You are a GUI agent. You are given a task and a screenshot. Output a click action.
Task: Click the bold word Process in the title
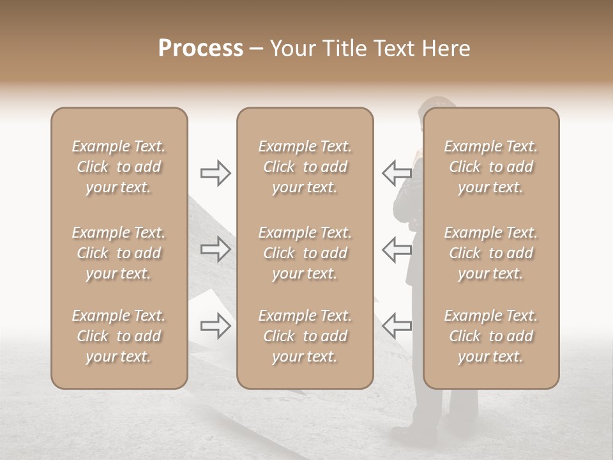[201, 49]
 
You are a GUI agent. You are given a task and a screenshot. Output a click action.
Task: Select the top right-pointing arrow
[216, 172]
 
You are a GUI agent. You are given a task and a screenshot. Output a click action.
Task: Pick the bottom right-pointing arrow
[216, 326]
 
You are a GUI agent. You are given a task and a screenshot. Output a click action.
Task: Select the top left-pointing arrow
[397, 172]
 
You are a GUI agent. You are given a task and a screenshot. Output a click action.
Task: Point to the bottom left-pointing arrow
[397, 326]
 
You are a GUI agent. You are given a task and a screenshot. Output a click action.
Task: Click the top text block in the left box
[119, 167]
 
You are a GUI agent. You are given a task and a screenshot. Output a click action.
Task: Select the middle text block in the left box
[119, 253]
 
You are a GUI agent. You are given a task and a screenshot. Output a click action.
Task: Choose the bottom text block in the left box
[119, 336]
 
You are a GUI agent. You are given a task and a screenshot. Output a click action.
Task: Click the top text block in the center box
[305, 167]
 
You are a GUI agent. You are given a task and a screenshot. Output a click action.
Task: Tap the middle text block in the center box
[305, 253]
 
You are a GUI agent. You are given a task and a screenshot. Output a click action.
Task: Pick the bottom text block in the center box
[305, 336]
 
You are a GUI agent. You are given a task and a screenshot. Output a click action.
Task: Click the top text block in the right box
[490, 167]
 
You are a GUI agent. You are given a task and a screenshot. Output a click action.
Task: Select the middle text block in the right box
[490, 253]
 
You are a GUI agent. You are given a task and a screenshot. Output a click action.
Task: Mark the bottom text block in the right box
[490, 336]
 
